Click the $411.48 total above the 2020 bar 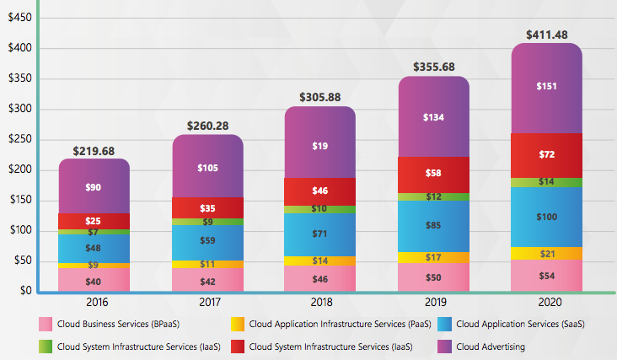click(547, 34)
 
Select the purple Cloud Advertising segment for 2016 click(94, 186)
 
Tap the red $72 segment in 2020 click(547, 155)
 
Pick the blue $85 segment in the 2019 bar click(433, 226)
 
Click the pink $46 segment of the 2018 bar click(319, 277)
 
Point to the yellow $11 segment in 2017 click(207, 264)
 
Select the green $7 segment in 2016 click(94, 232)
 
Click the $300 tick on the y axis click(20, 109)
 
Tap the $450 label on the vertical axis click(20, 18)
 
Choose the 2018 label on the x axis click(319, 302)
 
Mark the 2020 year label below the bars click(547, 302)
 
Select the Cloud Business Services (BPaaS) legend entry click(115, 323)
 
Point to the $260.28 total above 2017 click(207, 126)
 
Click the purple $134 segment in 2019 click(433, 117)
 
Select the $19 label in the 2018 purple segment click(319, 146)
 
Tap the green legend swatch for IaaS click(46, 346)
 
